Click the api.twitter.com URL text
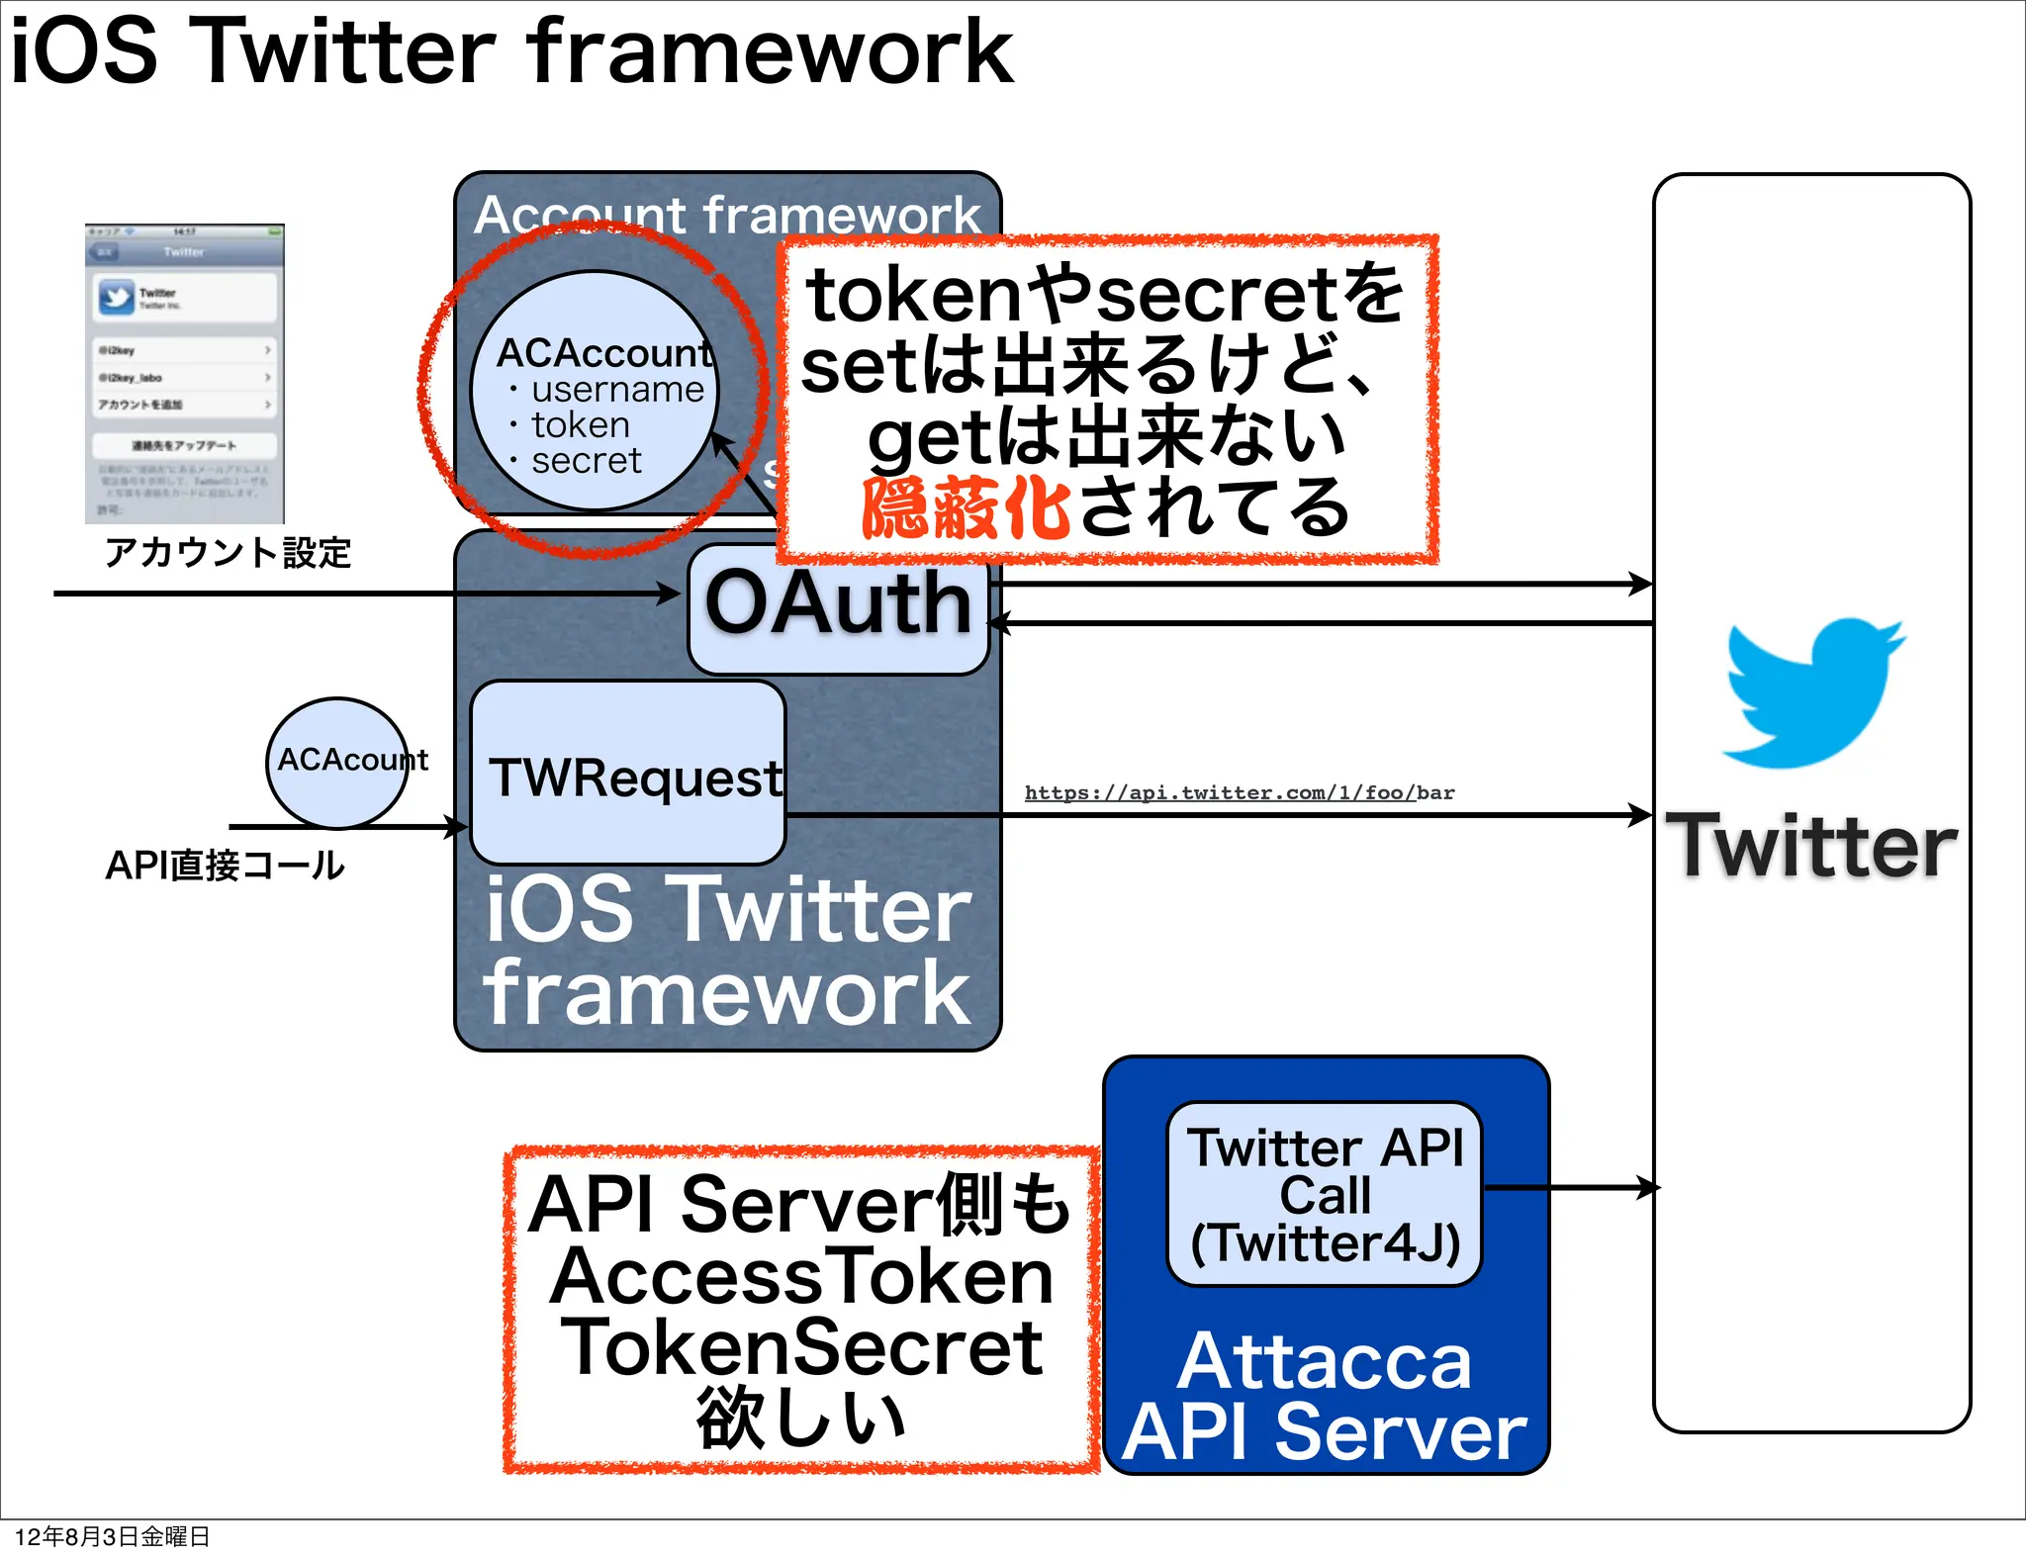point(1239,792)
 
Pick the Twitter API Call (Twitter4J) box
point(1325,1194)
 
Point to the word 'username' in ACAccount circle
point(617,390)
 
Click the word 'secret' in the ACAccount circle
point(586,461)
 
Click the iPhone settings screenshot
point(185,374)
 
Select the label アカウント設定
point(228,552)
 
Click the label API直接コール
point(225,866)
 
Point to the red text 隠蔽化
point(966,507)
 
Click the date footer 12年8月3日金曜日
point(112,1536)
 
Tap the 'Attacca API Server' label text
point(1325,1397)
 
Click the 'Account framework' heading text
point(727,215)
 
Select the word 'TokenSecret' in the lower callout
point(801,1347)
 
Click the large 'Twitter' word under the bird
point(1811,846)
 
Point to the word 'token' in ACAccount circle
point(581,425)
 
